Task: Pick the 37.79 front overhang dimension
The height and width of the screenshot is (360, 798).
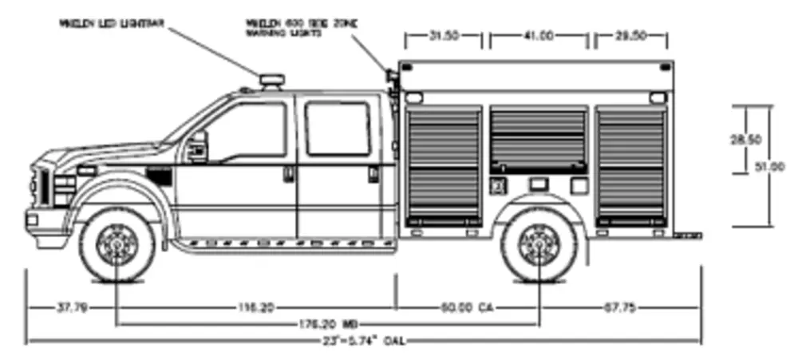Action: [x=73, y=307]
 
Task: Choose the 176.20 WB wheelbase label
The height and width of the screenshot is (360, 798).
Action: [x=327, y=325]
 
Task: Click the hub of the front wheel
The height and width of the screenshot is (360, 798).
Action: [x=117, y=245]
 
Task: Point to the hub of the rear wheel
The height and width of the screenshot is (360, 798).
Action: [x=539, y=245]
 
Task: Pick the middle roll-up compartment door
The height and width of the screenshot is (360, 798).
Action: [x=537, y=140]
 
